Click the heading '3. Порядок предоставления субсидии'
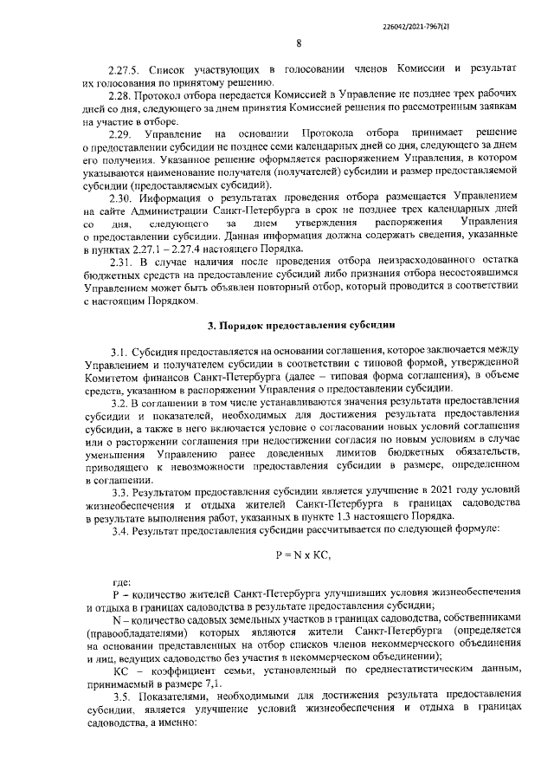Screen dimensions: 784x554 [300, 326]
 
